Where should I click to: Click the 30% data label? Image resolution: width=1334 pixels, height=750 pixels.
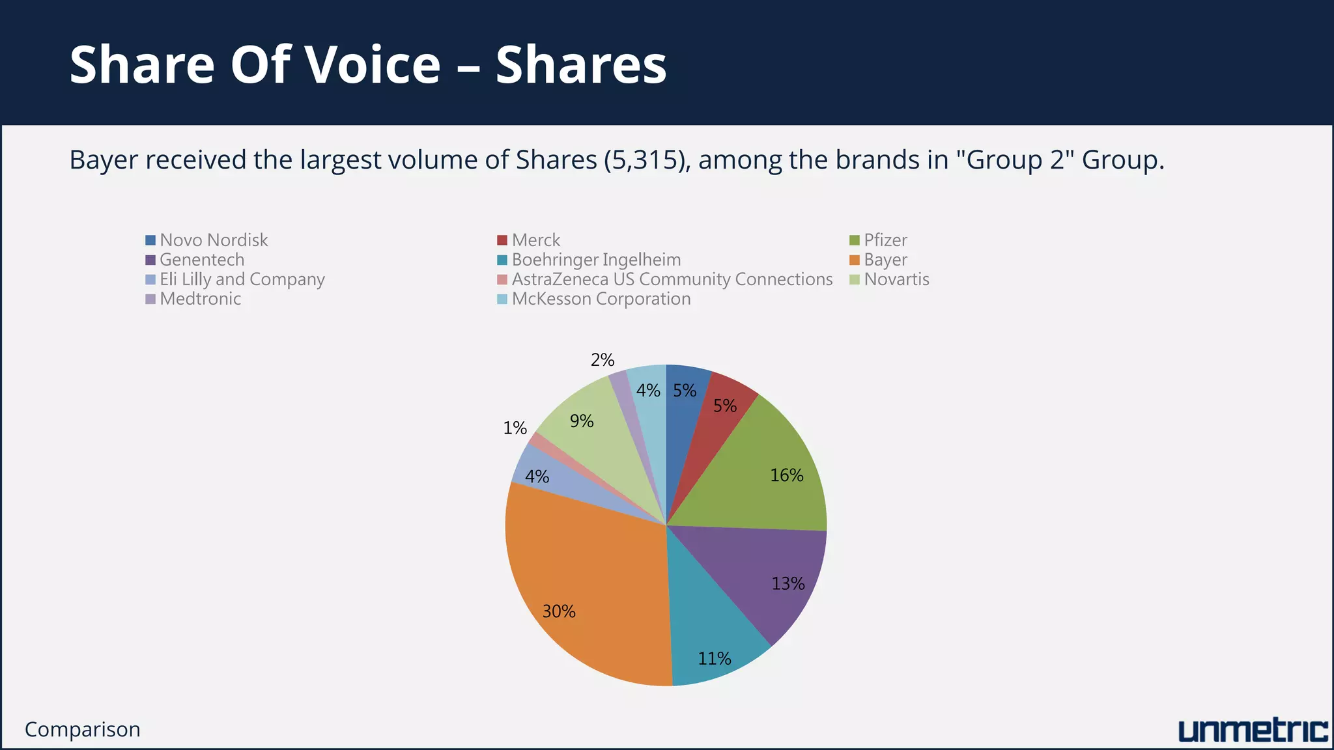coord(559,611)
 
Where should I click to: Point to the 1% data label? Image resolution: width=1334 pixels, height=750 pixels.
coord(515,428)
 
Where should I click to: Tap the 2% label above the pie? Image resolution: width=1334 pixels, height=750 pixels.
coord(603,360)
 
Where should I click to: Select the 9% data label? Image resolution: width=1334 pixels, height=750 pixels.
coord(582,421)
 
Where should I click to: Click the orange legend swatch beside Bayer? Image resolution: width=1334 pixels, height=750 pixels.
coord(855,260)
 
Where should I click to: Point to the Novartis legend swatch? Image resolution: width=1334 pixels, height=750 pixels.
coord(855,280)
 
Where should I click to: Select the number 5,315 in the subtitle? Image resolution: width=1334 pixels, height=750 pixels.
coord(644,160)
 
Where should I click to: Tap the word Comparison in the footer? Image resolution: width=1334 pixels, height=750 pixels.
coord(83,730)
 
